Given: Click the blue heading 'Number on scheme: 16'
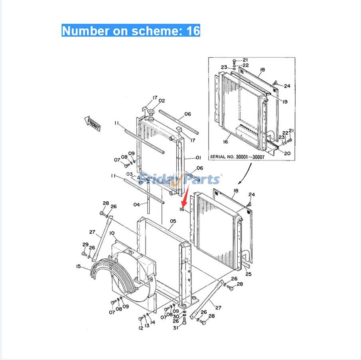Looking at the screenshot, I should click(x=131, y=31).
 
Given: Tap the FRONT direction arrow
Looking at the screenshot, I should click(x=93, y=124).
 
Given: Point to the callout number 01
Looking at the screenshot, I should click(x=199, y=157).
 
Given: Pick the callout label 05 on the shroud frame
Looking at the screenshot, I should click(x=173, y=221).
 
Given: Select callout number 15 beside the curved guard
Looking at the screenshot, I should click(x=79, y=266).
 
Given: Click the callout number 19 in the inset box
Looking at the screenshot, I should click(x=284, y=102).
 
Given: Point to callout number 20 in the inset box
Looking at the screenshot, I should click(x=287, y=153).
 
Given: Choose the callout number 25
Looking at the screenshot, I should click(x=248, y=274).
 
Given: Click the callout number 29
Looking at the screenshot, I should click(x=85, y=244).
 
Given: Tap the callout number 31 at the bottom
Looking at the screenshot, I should click(x=175, y=328).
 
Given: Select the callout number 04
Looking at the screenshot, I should click(x=136, y=205).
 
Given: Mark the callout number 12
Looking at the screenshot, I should click(x=140, y=328).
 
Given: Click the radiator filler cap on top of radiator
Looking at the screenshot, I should click(x=151, y=115).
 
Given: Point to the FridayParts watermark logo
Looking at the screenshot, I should click(x=180, y=180).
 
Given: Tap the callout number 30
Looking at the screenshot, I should click(x=176, y=317).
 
